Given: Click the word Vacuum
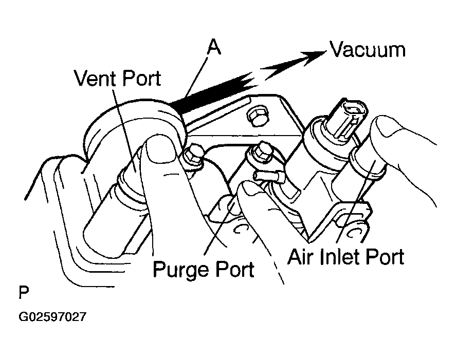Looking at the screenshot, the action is coord(368,50).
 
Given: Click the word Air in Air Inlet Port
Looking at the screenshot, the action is coord(301,257).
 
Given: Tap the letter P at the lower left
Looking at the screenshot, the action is coord(24,292).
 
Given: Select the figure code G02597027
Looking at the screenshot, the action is coord(52,317).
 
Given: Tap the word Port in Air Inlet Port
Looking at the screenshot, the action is coord(385,257).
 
